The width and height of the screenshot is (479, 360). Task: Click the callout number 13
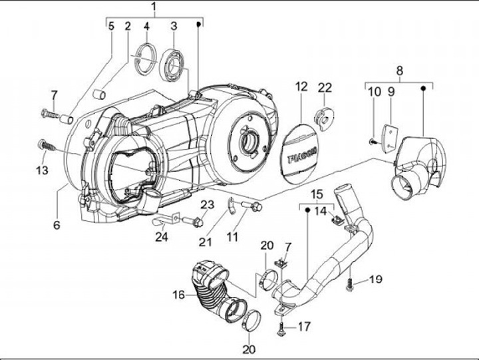(x=42, y=170)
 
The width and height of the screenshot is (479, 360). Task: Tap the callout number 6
(x=57, y=225)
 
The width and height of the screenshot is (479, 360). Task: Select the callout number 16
(x=179, y=295)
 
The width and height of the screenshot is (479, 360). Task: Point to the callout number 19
(x=375, y=279)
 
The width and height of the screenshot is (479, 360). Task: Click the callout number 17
(x=304, y=327)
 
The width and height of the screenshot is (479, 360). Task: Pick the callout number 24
(x=162, y=237)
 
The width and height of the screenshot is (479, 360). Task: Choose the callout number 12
(x=301, y=87)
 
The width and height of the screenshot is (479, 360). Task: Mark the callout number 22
(x=325, y=88)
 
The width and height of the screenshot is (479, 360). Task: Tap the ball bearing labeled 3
(x=172, y=66)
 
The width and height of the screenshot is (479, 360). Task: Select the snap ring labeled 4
(x=145, y=59)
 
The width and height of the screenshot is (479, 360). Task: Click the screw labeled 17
(x=281, y=329)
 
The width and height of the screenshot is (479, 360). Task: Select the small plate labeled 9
(x=389, y=137)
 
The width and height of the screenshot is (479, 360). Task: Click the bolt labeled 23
(x=193, y=222)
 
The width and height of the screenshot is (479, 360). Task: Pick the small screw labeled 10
(x=373, y=141)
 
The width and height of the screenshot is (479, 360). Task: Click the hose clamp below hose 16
(x=252, y=320)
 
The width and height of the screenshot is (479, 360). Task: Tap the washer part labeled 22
(x=325, y=119)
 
